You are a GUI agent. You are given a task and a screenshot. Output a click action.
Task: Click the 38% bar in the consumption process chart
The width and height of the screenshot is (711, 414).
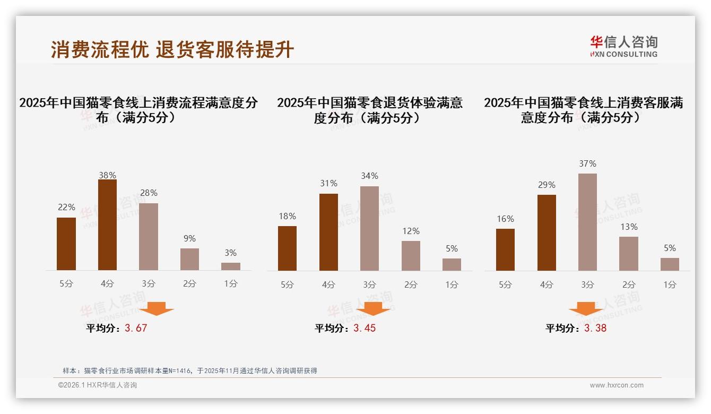(107, 225)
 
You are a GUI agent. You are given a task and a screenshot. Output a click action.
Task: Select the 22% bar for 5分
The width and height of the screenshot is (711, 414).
(66, 244)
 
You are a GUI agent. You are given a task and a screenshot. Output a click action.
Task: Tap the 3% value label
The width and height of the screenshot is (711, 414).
(230, 253)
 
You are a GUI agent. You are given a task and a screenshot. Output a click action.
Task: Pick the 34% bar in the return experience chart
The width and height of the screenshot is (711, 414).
(369, 228)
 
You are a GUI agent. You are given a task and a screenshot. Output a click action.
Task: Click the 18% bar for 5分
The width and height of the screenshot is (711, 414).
(287, 248)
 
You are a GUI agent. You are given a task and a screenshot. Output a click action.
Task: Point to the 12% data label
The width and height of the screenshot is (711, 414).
(411, 231)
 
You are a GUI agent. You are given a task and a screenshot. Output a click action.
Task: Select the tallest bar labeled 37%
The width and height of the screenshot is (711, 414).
(587, 222)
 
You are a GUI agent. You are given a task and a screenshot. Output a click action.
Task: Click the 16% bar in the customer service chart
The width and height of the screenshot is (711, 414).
(505, 249)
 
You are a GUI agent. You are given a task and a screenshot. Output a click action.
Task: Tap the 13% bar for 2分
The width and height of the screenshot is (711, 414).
(629, 253)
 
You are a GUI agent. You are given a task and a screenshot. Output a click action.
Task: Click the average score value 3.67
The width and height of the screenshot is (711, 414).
(136, 328)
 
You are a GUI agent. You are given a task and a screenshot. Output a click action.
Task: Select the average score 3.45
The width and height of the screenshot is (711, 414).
(365, 328)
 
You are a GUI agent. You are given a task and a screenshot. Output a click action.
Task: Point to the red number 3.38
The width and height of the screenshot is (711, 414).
(595, 328)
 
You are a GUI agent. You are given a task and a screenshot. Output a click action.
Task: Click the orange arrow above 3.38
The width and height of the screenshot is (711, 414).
(586, 309)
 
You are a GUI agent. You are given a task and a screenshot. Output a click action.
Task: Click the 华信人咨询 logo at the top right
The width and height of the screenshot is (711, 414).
(623, 46)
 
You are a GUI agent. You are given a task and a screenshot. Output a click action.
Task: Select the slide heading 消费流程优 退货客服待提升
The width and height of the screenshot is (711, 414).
(172, 49)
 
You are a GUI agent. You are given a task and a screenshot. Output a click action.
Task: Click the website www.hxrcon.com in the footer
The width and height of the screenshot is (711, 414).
(617, 385)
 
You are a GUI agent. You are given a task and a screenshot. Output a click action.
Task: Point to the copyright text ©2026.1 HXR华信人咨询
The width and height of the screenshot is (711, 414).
(98, 385)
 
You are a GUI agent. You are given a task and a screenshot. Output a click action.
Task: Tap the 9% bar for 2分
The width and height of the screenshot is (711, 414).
(189, 259)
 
